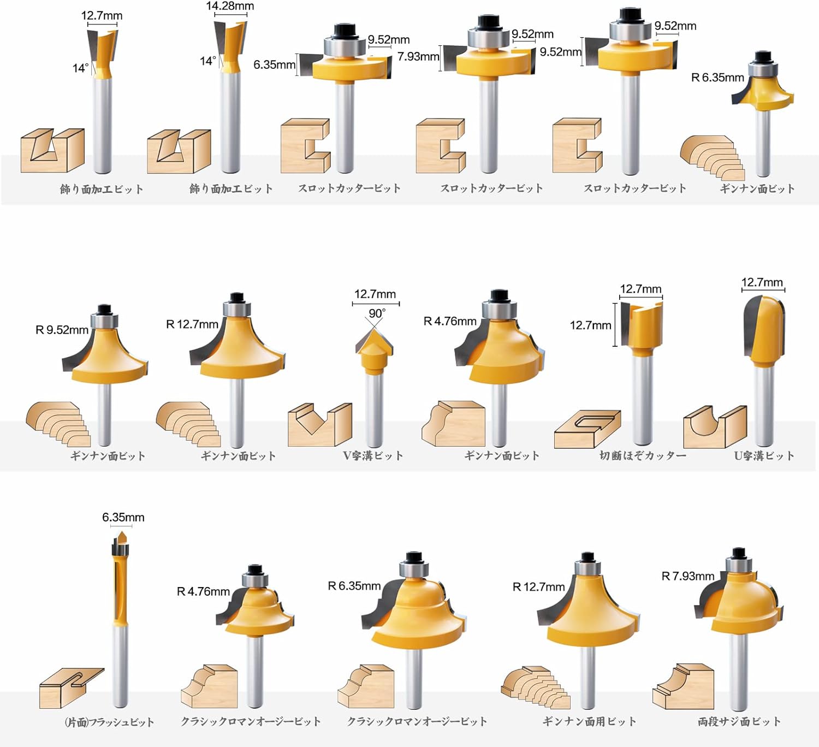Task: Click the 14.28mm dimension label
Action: pyautogui.click(x=230, y=6)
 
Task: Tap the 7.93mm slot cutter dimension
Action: pyautogui.click(x=418, y=56)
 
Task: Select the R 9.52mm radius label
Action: pyautogui.click(x=62, y=330)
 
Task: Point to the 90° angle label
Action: pyautogui.click(x=377, y=313)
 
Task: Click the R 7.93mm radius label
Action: pyautogui.click(x=688, y=576)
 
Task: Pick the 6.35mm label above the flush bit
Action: pyautogui.click(x=123, y=517)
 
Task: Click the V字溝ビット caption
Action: pyautogui.click(x=373, y=455)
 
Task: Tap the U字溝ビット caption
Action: pyautogui.click(x=764, y=455)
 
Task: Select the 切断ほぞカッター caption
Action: pyautogui.click(x=643, y=455)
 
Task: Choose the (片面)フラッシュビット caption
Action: pyautogui.click(x=109, y=722)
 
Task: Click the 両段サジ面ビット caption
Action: pyautogui.click(x=739, y=722)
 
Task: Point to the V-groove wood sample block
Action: pyautogui.click(x=319, y=424)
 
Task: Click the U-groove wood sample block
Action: pyautogui.click(x=715, y=427)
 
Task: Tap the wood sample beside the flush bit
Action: pyautogui.click(x=72, y=688)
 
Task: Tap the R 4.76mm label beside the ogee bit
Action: pyautogui.click(x=203, y=591)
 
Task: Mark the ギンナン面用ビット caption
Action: pyautogui.click(x=589, y=722)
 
